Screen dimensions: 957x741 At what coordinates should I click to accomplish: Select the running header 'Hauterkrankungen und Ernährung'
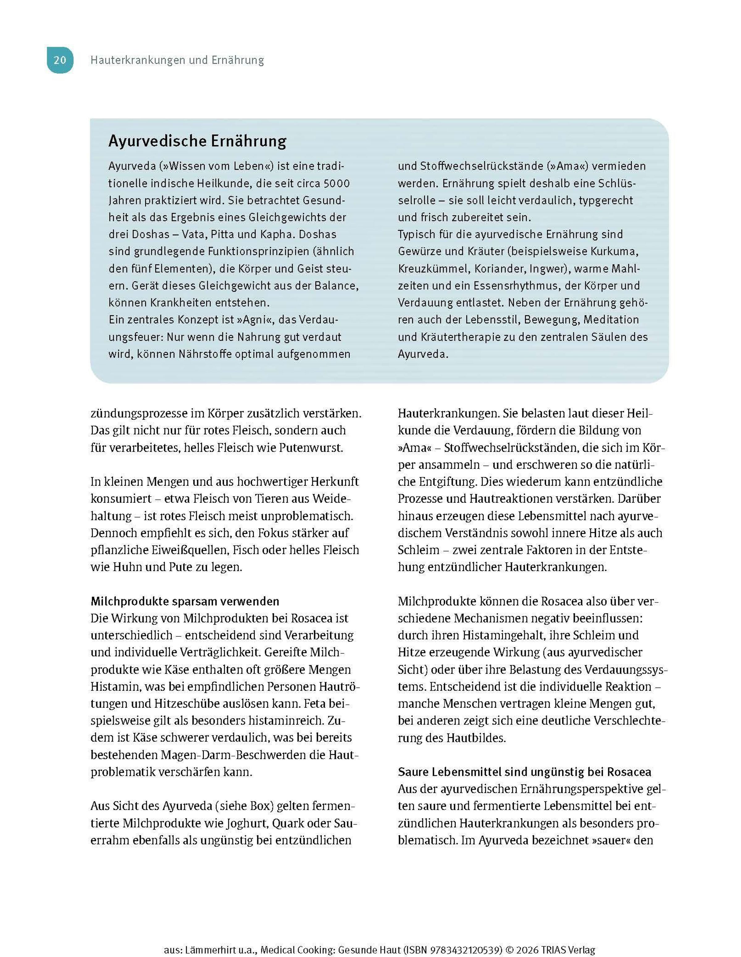[x=177, y=60]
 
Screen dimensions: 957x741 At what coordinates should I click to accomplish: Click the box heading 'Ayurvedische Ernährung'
[x=197, y=141]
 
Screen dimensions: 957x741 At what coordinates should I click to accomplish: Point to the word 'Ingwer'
[x=549, y=268]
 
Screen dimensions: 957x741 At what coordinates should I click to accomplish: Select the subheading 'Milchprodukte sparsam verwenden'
[x=185, y=601]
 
